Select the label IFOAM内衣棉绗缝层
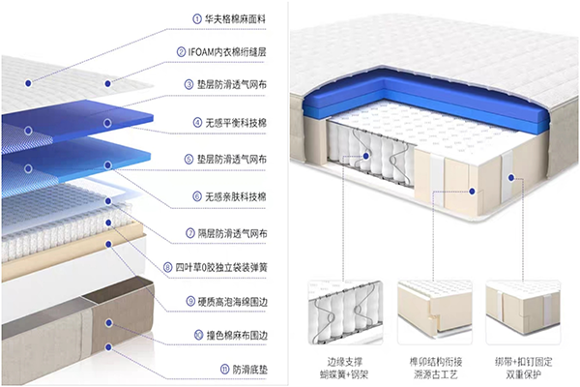point(240,51)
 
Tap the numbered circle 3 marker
point(191,85)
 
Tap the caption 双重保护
point(518,372)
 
